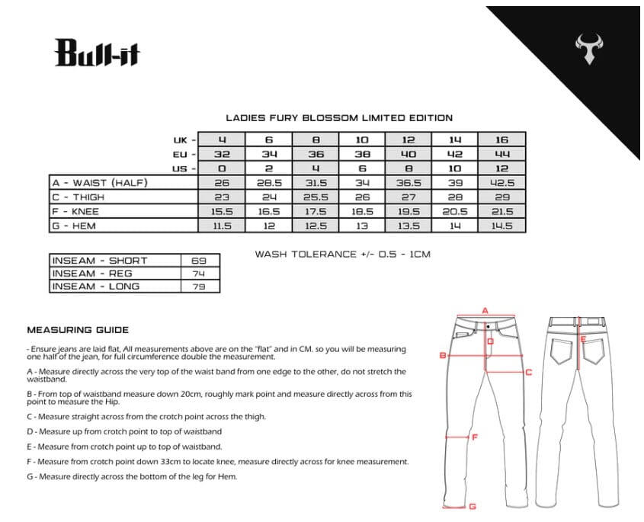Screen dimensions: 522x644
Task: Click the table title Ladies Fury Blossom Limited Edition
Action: tap(339, 118)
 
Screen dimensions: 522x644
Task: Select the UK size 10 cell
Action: tap(362, 139)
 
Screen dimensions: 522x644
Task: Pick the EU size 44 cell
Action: tap(501, 154)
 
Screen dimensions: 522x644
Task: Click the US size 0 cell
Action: tap(222, 168)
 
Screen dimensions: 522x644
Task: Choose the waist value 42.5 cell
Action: tap(501, 183)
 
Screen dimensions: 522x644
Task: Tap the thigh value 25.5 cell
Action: tap(316, 197)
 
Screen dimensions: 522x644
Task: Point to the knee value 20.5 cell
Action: tap(455, 212)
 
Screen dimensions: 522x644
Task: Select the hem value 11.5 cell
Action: tap(222, 226)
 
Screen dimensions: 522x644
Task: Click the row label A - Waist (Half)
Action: tap(100, 183)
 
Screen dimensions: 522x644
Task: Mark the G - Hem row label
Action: tap(76, 226)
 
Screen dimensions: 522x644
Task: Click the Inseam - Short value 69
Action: tap(200, 261)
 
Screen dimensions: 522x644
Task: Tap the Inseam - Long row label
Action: tap(96, 287)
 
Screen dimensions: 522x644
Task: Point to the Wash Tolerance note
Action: tap(342, 254)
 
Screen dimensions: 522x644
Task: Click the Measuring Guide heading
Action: tap(78, 330)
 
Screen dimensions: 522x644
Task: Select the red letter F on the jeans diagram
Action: tap(475, 437)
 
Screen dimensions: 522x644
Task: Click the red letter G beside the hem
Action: tap(473, 506)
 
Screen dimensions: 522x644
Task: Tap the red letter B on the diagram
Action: tap(442, 355)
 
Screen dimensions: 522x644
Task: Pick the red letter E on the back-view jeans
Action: tap(583, 340)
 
